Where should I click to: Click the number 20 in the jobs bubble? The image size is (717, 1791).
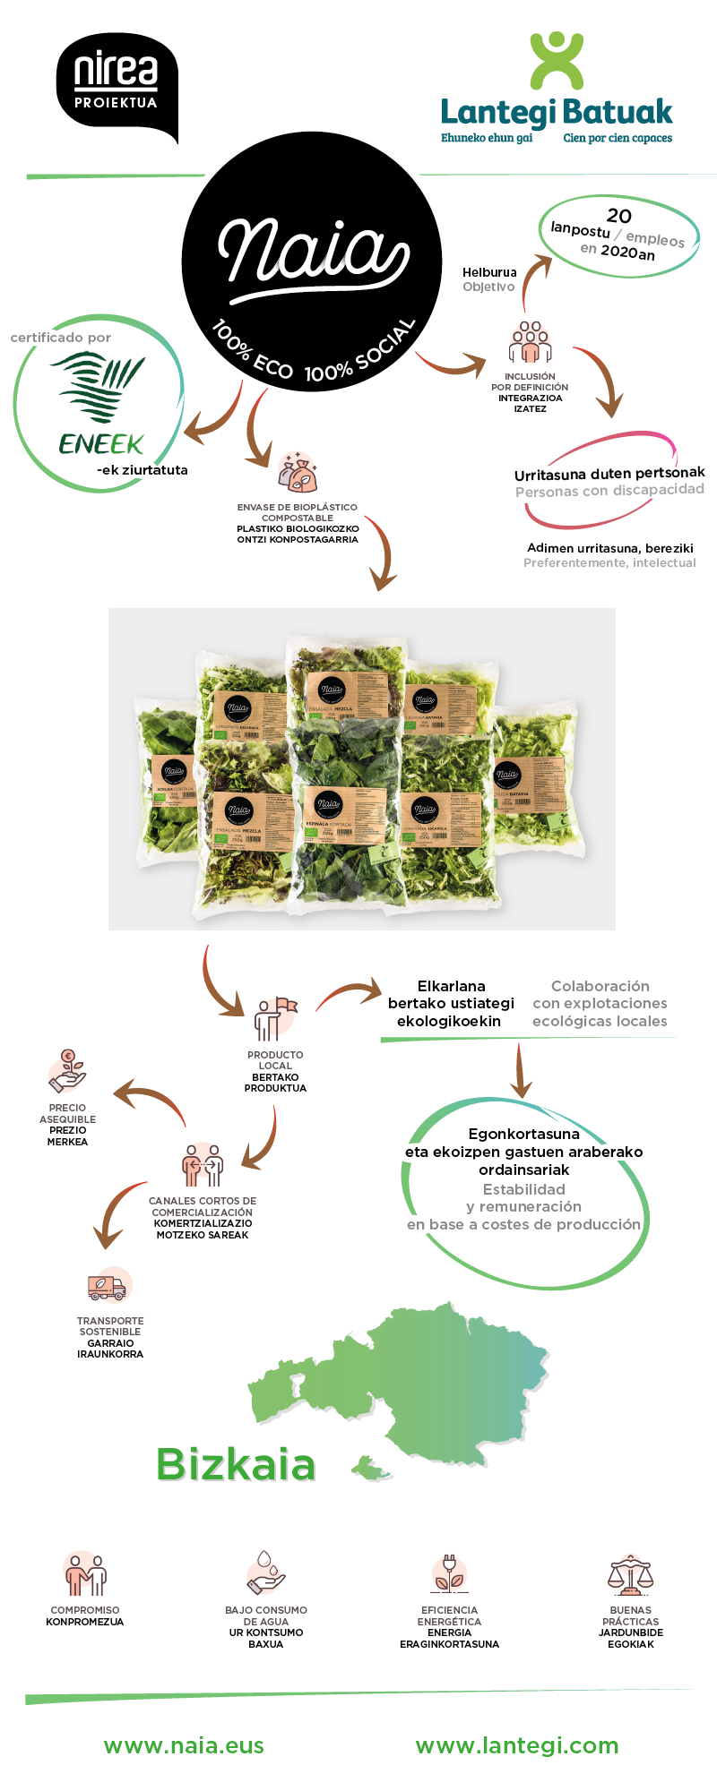pos(619,216)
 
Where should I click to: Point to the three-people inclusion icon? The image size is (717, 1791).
pos(530,343)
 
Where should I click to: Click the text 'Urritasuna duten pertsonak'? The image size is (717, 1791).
pos(609,473)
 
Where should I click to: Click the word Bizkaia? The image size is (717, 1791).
pos(236,1465)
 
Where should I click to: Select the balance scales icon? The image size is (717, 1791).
pos(631,1576)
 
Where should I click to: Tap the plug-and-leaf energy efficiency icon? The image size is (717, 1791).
pos(449,1574)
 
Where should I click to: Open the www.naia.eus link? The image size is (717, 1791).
pos(184,1745)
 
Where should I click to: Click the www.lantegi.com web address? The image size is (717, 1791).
pos(517,1745)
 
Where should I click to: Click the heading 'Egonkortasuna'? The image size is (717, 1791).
pos(524,1134)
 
